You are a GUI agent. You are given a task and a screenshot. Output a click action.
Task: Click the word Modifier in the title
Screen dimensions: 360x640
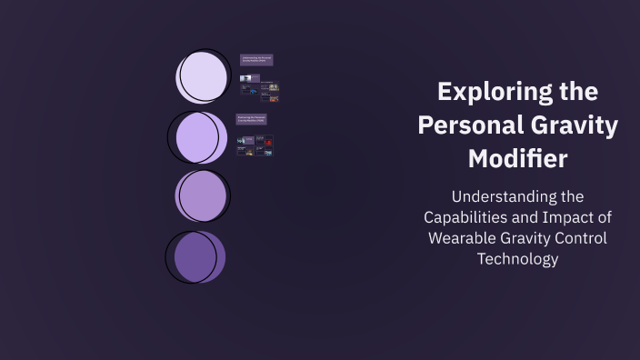click(517, 157)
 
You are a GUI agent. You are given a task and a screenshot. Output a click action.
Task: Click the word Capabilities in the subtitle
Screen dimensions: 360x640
click(469, 217)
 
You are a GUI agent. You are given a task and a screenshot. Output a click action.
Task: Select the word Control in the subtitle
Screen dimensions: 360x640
click(582, 238)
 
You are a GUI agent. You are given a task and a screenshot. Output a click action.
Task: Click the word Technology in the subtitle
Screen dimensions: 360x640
click(517, 259)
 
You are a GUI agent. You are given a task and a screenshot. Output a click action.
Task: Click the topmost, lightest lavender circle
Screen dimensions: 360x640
click(203, 76)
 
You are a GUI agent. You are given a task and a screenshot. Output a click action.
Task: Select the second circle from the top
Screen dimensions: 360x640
click(201, 136)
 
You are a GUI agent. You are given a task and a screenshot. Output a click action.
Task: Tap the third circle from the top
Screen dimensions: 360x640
click(203, 195)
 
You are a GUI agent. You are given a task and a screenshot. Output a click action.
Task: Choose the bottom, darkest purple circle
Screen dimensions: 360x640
click(198, 255)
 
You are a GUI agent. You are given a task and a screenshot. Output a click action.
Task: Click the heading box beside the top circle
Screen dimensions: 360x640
click(256, 60)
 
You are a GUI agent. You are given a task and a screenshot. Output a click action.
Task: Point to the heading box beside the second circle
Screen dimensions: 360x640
click(252, 119)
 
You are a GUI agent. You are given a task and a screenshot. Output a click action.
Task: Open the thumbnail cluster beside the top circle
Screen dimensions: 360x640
click(259, 87)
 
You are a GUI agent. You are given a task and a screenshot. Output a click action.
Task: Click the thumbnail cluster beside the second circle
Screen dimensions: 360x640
click(255, 145)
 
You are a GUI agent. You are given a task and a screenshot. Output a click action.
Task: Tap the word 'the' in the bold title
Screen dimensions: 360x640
click(578, 92)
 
